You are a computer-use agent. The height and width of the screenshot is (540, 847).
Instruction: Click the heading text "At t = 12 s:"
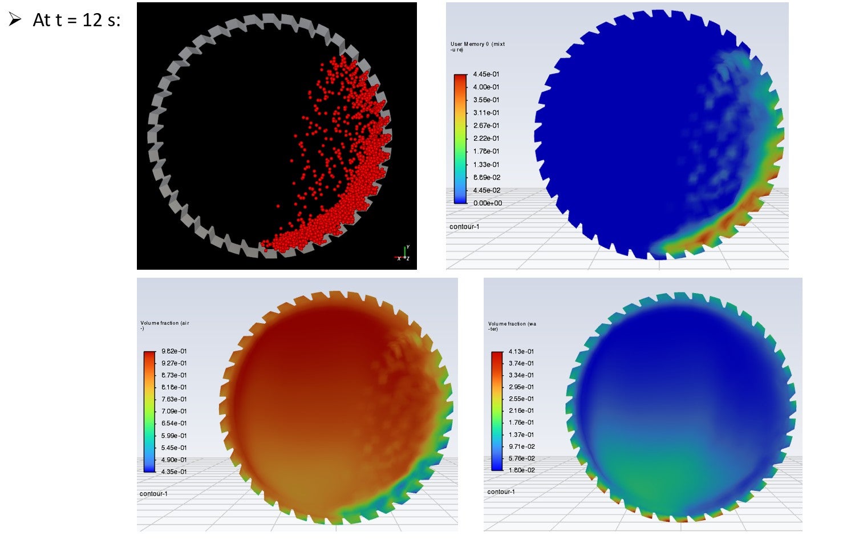[x=76, y=20]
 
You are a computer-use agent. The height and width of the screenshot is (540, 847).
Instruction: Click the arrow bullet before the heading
[x=15, y=19]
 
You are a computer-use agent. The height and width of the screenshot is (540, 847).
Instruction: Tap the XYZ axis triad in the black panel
[x=403, y=254]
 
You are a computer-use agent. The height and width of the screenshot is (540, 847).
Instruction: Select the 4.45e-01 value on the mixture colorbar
[x=486, y=74]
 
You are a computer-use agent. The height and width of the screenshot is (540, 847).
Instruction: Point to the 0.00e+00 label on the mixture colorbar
[x=488, y=203]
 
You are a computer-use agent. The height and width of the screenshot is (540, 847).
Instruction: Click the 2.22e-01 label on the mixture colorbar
[x=486, y=139]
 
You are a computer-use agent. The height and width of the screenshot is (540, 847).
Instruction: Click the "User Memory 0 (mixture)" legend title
[x=477, y=47]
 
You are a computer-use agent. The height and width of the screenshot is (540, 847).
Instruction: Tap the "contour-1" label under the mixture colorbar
[x=464, y=227]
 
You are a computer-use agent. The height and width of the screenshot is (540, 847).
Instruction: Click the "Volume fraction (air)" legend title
[x=164, y=326]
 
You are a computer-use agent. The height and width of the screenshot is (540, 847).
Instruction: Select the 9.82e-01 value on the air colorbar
[x=174, y=351]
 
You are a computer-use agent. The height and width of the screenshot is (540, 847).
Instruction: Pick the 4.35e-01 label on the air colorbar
[x=174, y=472]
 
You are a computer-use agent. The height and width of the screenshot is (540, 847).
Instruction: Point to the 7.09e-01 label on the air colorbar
[x=174, y=411]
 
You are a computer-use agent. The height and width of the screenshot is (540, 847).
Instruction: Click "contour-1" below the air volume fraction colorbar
[x=153, y=494]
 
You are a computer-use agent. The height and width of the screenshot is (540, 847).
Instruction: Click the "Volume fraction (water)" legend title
[x=512, y=326]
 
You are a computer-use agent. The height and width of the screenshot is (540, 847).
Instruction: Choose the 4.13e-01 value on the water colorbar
[x=521, y=352]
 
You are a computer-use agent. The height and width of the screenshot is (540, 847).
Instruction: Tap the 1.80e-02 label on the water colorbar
[x=521, y=470]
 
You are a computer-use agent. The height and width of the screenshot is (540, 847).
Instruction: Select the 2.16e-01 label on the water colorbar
[x=521, y=411]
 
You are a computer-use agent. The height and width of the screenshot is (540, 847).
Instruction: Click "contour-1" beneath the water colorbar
[x=501, y=492]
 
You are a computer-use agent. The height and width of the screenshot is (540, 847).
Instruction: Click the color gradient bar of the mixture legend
[x=460, y=139]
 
